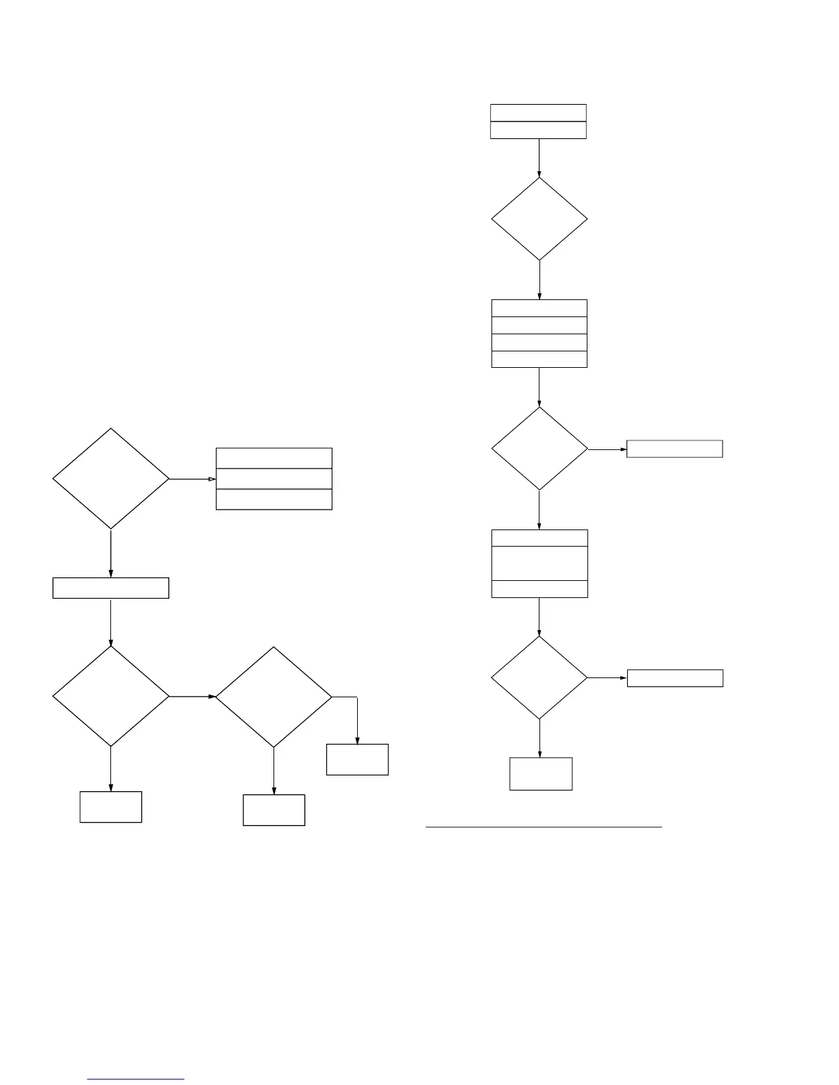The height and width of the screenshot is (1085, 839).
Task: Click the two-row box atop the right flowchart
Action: [538, 121]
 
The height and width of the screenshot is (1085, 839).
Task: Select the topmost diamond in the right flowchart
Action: [539, 219]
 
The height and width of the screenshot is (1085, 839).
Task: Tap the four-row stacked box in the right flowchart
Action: [539, 334]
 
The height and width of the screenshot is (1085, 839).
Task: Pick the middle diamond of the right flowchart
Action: [539, 449]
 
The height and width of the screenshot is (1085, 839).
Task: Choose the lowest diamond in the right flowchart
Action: [539, 677]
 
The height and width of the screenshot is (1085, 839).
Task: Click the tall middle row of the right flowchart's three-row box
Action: [539, 563]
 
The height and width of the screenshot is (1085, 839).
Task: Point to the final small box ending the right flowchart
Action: [541, 774]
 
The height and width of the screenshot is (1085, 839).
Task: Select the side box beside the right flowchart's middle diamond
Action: [674, 449]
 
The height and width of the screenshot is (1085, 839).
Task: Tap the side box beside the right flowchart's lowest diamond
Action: [675, 678]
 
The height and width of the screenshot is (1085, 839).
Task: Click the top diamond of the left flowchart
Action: [110, 479]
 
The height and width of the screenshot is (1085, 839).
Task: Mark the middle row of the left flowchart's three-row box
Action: [274, 479]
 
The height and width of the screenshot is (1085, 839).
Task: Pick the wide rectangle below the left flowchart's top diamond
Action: [110, 588]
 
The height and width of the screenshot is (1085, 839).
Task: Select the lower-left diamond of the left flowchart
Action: [110, 697]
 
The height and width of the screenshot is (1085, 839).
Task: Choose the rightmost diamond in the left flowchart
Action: [273, 697]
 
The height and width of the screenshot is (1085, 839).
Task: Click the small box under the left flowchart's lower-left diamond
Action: [110, 807]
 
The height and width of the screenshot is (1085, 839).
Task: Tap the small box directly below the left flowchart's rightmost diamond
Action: [273, 810]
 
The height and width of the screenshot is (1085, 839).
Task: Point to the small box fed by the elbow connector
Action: [357, 760]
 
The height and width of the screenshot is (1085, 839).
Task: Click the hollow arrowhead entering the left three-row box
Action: [212, 479]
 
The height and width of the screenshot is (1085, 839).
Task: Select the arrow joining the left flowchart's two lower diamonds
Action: [193, 697]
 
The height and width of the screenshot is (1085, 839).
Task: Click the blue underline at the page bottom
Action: [136, 1080]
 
